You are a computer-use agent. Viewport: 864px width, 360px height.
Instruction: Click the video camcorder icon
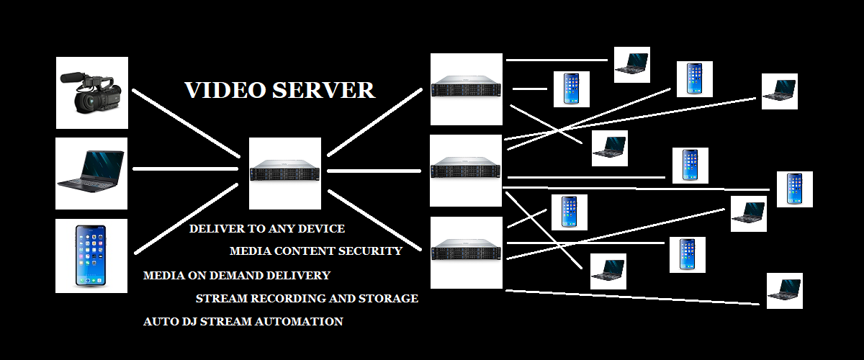point(91,94)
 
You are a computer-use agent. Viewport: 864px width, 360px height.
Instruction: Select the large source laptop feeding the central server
point(91,174)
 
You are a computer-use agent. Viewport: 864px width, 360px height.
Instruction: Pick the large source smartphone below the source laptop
point(91,256)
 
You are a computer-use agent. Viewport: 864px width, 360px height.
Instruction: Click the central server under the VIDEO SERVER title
point(284,174)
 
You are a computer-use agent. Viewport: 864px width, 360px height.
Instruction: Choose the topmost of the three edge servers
point(466,89)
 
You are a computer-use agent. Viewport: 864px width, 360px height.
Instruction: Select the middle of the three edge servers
point(466,170)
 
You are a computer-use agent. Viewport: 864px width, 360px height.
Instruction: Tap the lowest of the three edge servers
point(466,252)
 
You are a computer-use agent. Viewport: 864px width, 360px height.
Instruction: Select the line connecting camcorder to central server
point(185,123)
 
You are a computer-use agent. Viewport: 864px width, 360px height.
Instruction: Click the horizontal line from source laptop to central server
point(185,169)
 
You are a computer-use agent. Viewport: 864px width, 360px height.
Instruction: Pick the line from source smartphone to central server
point(186,219)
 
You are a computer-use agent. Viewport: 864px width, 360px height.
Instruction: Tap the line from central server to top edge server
point(374,122)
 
